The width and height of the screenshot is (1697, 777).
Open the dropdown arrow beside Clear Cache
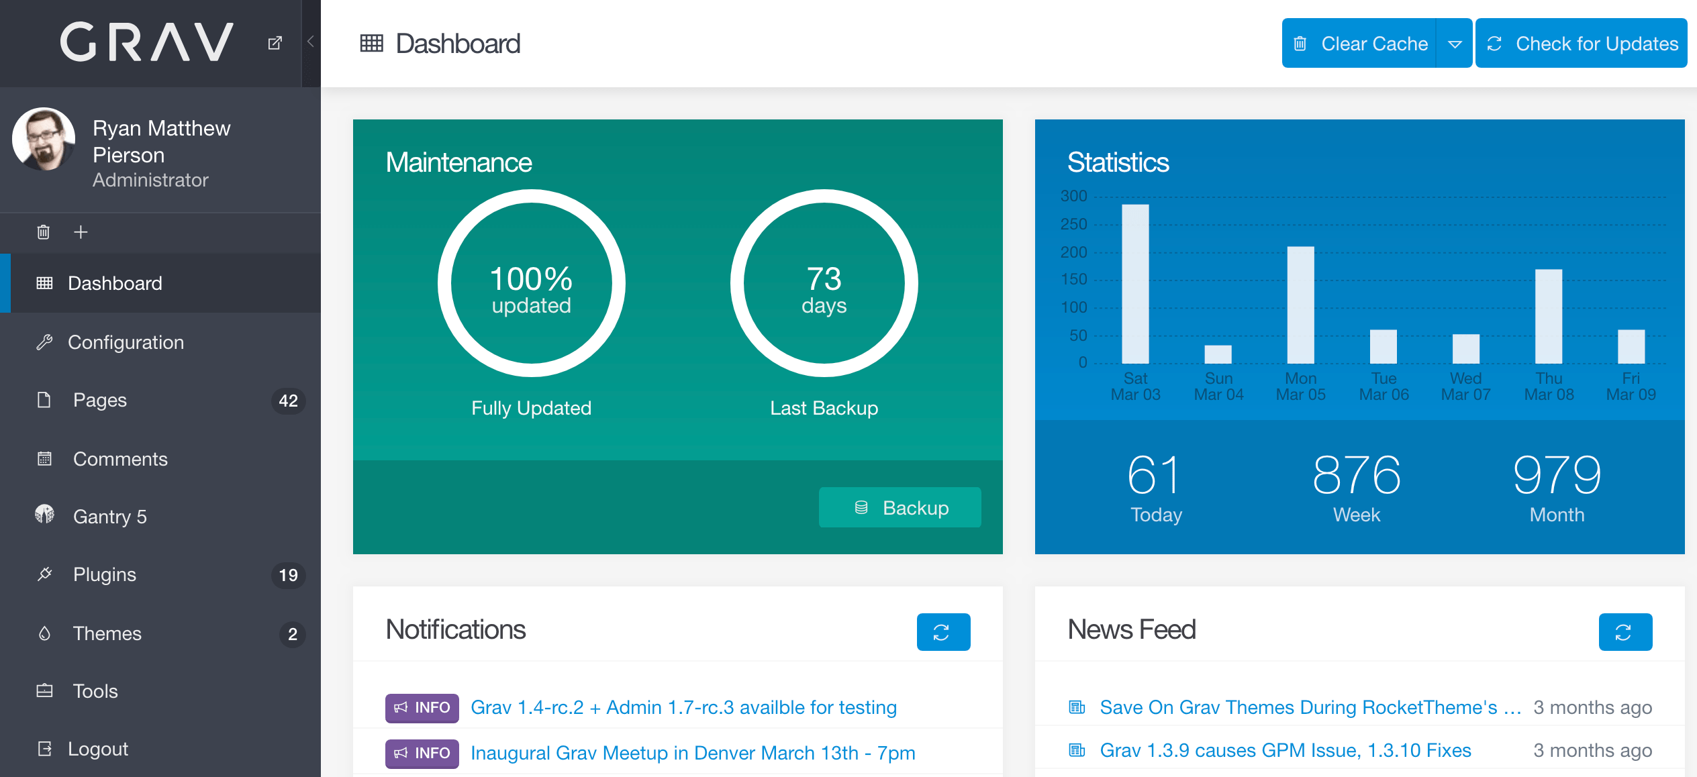[1455, 44]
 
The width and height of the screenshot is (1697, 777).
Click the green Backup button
[900, 508]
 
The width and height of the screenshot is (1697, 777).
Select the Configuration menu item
[126, 342]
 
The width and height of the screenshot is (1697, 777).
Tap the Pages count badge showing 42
[288, 401]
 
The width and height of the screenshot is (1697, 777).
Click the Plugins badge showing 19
[288, 575]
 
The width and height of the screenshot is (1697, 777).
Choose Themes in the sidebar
[107, 633]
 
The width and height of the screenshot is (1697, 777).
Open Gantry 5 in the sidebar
[109, 517]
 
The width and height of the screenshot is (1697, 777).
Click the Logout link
[98, 749]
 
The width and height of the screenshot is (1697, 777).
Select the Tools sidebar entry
[95, 691]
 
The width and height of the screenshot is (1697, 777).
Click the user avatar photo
[44, 139]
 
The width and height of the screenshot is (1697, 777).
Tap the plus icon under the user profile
[81, 232]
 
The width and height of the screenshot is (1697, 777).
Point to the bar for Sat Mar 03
[1135, 284]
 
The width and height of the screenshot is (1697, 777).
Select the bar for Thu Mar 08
[1549, 316]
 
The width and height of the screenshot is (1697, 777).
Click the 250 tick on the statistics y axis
[1074, 224]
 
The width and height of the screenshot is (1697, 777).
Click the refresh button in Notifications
[943, 632]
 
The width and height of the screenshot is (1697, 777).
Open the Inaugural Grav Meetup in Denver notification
[693, 753]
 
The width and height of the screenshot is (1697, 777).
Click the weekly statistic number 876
[1357, 475]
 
